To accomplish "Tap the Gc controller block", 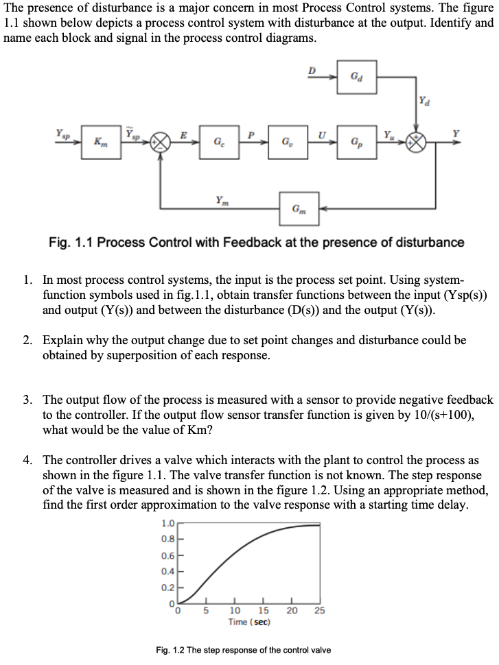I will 218,144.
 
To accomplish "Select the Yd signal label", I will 429,103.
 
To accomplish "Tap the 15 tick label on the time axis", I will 264,612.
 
